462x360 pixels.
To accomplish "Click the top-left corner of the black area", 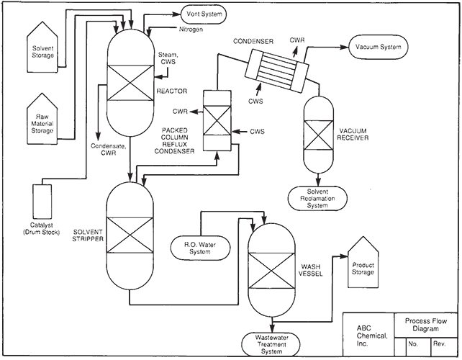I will point(1,1).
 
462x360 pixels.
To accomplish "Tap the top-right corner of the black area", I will point(461,1).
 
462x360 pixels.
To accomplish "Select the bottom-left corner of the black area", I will point(2,357).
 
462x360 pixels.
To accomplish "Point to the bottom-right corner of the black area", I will point(459,357).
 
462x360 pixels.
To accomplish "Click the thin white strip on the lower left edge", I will point(1,307).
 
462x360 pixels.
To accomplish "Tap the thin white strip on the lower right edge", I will point(461,307).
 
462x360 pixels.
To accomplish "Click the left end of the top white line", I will point(1,0).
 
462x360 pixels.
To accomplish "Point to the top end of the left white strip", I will point(1,256).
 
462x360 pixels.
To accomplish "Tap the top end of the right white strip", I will point(461,256).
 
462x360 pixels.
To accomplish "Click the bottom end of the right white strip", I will point(461,358).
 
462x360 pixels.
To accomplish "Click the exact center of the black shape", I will point(231,179).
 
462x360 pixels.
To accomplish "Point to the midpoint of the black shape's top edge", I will point(231,1).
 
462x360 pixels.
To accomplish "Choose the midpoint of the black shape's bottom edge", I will point(231,357).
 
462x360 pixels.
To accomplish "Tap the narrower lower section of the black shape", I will point(231,307).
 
